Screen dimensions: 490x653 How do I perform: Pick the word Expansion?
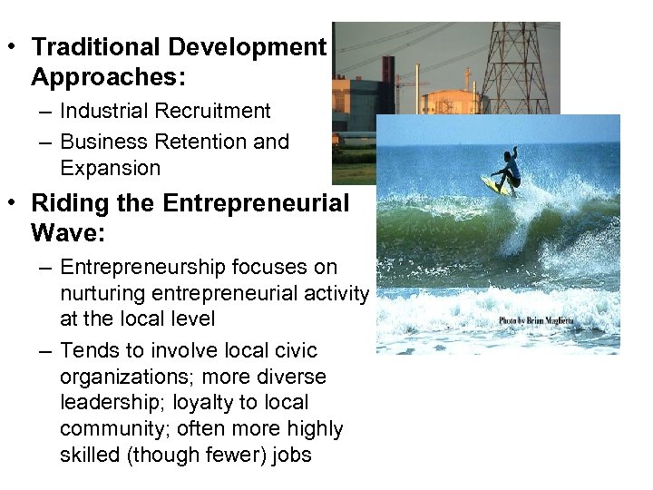click(110, 168)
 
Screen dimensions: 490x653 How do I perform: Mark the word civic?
click(294, 350)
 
